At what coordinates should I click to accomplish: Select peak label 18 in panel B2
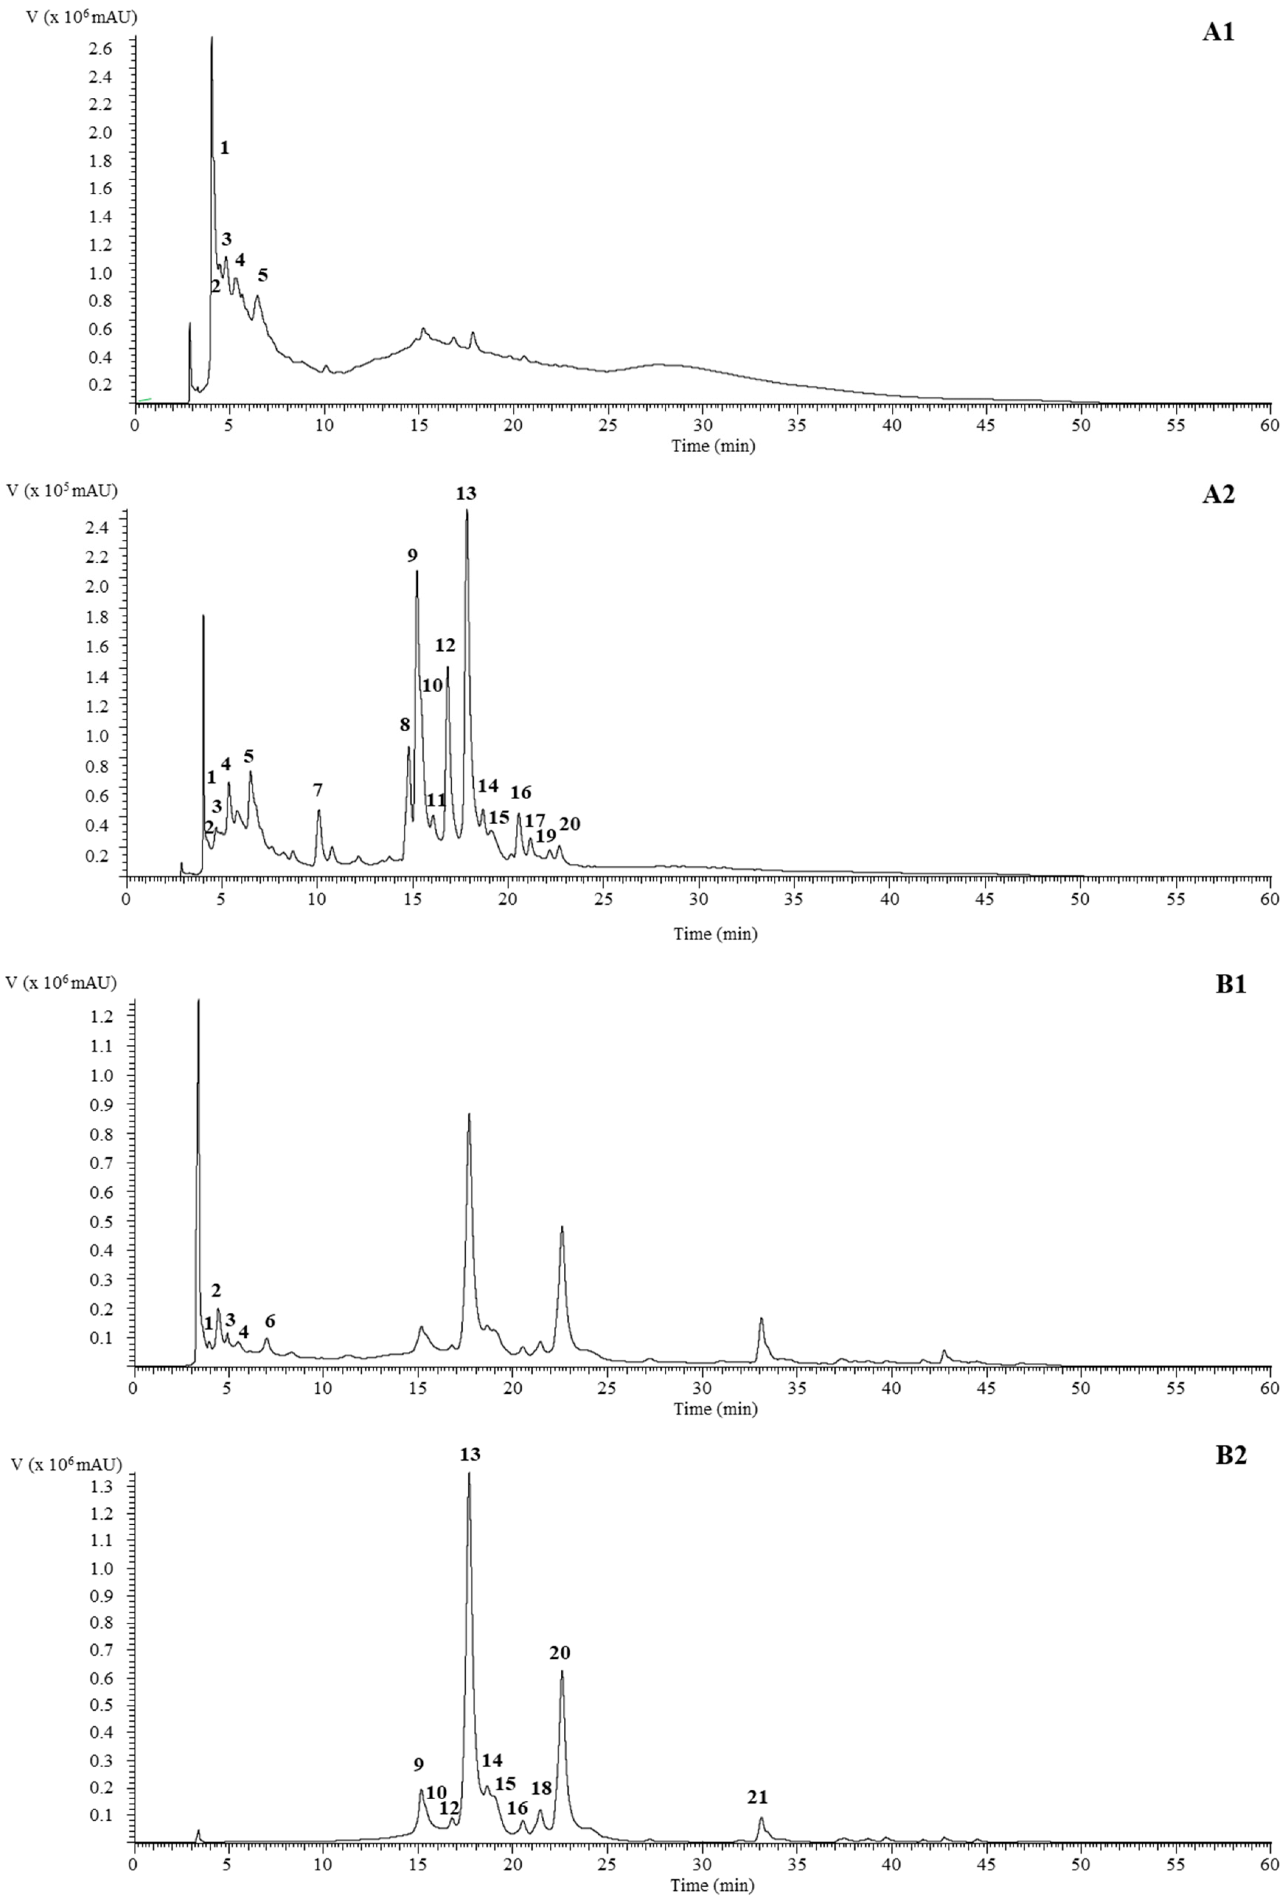pyautogui.click(x=542, y=1788)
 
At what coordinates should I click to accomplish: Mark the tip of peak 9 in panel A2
pyautogui.click(x=417, y=571)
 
